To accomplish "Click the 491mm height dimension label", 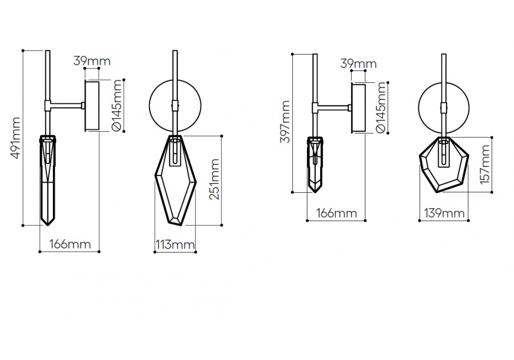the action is pyautogui.click(x=15, y=138).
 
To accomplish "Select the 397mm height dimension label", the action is pyautogui.click(x=285, y=122).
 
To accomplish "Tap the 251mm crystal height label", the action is pyautogui.click(x=214, y=179).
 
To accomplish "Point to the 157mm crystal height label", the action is pyautogui.click(x=485, y=165).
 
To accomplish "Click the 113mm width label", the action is pyautogui.click(x=175, y=244).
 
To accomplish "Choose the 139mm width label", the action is pyautogui.click(x=444, y=213).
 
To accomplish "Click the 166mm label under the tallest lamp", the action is pyautogui.click(x=70, y=244).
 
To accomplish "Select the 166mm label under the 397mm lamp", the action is pyautogui.click(x=336, y=213).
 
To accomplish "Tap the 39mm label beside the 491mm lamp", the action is pyautogui.click(x=92, y=61).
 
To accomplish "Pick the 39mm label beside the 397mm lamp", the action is pyautogui.click(x=358, y=63).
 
